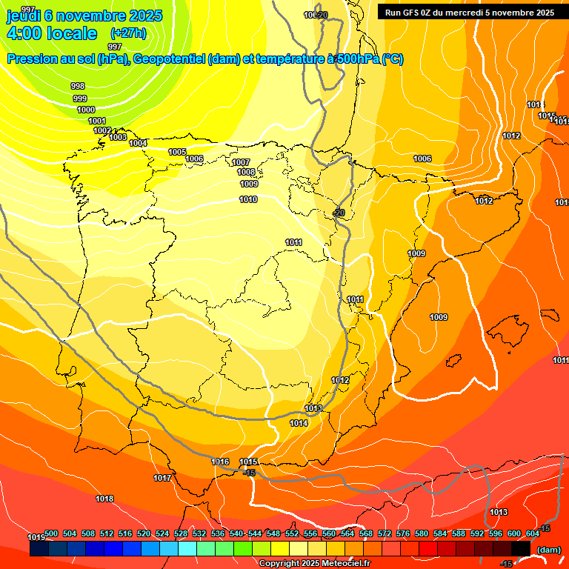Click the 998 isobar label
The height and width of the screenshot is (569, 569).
(78, 86)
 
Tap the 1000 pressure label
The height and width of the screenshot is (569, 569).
(86, 110)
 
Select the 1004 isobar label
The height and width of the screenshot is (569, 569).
(138, 143)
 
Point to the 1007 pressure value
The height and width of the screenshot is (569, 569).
(241, 162)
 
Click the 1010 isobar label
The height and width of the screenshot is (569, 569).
(248, 199)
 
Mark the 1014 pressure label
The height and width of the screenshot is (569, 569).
(299, 423)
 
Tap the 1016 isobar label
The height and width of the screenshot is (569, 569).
(220, 462)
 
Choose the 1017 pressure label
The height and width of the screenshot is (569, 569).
(162, 478)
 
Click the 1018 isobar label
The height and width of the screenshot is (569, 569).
(104, 499)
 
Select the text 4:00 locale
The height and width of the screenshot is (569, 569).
(51, 33)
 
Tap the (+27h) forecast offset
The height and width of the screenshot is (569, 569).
(128, 33)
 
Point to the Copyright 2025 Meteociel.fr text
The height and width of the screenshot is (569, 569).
(314, 564)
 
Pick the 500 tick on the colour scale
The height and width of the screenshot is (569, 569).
(51, 533)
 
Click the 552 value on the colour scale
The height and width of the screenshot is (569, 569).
(292, 533)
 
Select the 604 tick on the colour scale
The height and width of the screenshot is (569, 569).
(533, 533)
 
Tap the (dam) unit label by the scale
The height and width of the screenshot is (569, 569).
(548, 549)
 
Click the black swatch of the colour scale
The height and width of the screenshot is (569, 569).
(521, 548)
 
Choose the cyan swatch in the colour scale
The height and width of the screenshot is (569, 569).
(187, 548)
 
